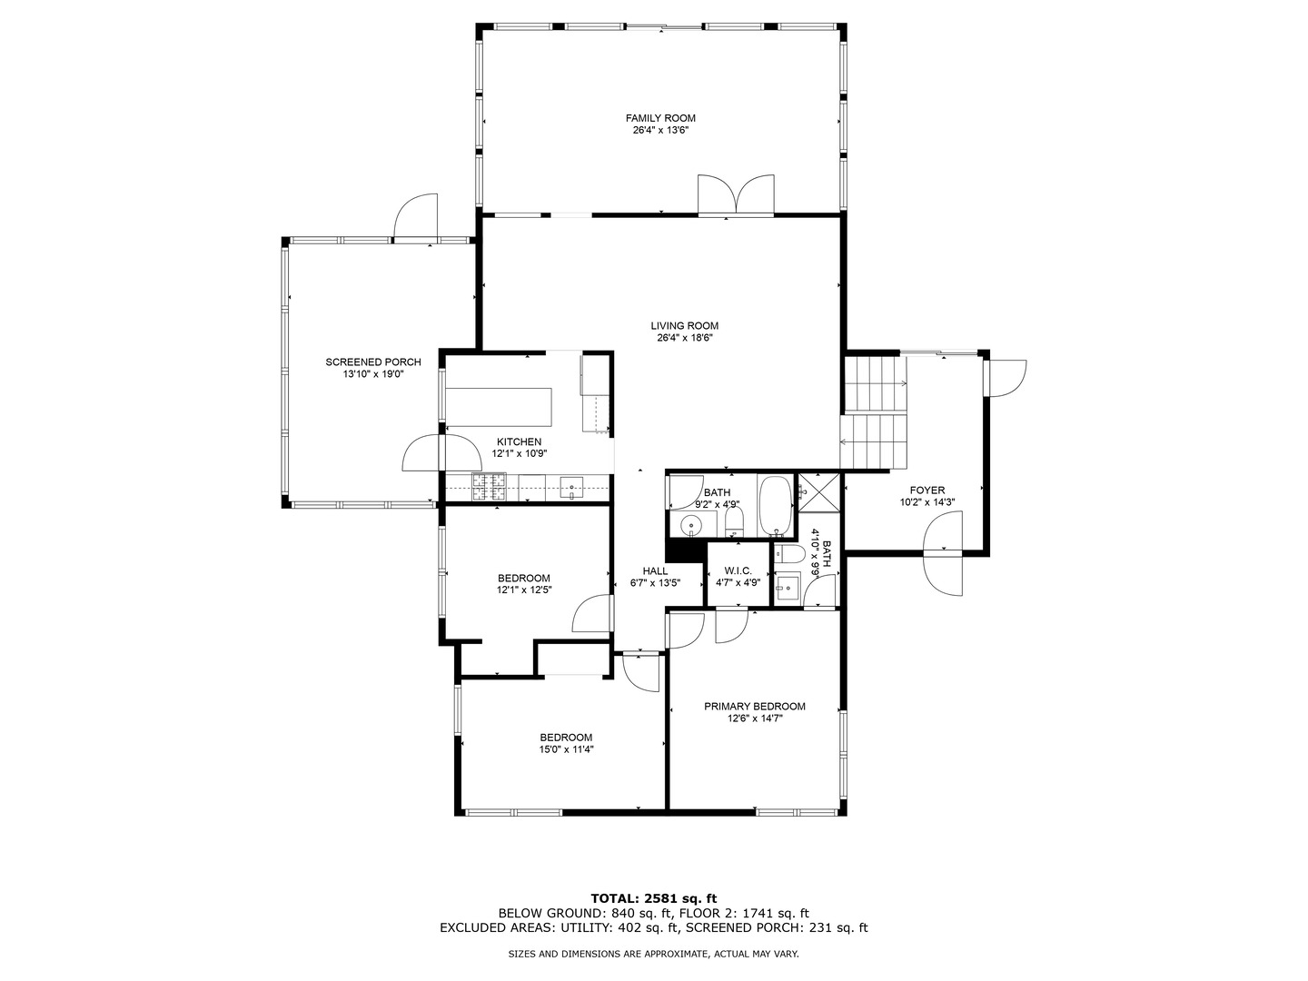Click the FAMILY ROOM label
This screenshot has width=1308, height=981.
click(660, 118)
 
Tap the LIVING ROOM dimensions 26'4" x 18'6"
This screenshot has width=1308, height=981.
click(684, 338)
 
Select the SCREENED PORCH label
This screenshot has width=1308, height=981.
click(373, 362)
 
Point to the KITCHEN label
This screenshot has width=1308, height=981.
click(519, 442)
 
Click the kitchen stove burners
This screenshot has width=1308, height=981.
click(489, 487)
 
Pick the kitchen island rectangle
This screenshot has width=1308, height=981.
click(499, 407)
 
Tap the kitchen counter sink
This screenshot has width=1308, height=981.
click(572, 487)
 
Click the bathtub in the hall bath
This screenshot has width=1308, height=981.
click(776, 505)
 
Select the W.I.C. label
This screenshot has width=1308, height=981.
click(738, 570)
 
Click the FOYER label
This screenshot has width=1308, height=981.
click(927, 490)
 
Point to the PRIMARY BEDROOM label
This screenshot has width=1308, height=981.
click(755, 707)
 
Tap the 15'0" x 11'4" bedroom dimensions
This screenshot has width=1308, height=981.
click(566, 749)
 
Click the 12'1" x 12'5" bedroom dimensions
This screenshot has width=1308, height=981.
click(524, 590)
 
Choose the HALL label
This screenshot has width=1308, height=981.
click(655, 571)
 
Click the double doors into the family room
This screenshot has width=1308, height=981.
click(737, 195)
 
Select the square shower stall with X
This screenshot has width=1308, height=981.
click(818, 492)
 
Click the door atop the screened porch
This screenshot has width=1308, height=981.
click(416, 218)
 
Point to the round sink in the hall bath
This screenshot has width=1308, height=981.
click(691, 525)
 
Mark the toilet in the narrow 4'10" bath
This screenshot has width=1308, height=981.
click(788, 554)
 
